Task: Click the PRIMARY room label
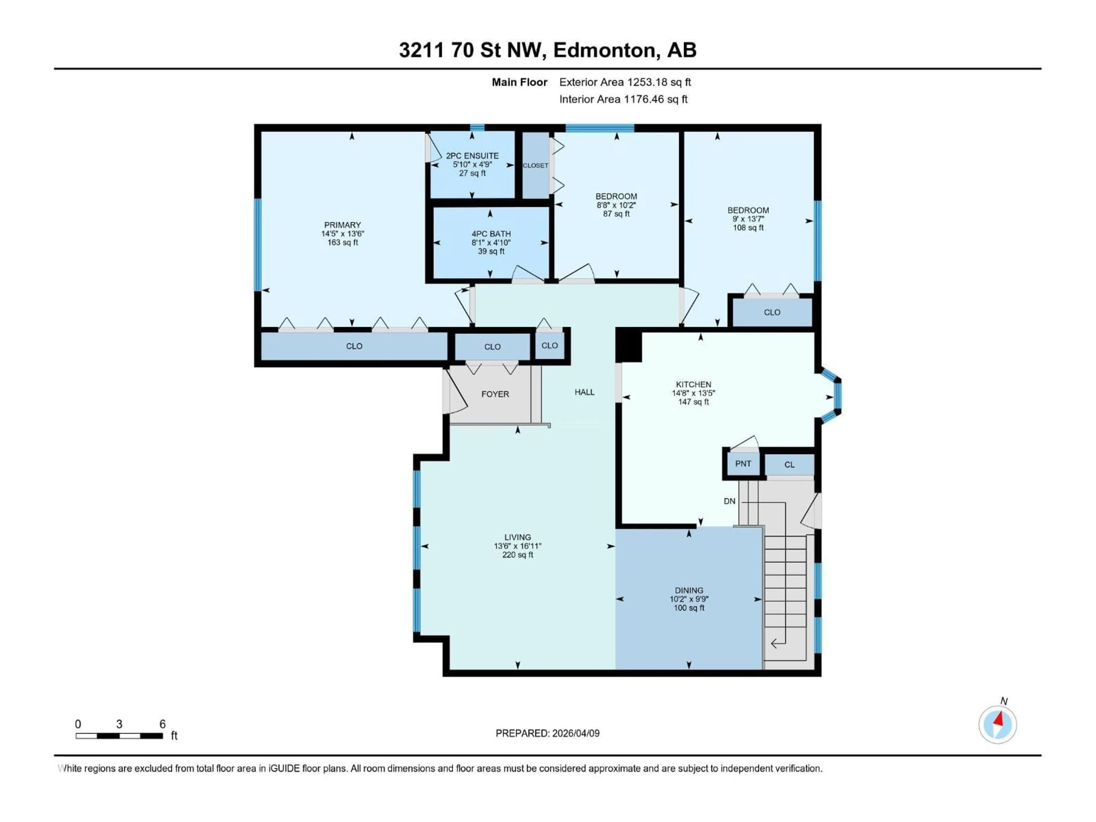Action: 342,225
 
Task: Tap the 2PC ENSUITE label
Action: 472,156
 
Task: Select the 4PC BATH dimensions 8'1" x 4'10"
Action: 491,243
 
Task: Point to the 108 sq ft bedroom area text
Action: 748,228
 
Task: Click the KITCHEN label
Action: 693,384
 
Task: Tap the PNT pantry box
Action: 743,464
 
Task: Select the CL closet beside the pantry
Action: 789,465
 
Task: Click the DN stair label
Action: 729,501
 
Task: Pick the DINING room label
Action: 689,591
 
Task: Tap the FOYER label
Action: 495,394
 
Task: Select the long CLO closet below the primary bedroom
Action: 354,346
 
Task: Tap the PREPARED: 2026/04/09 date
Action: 547,733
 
